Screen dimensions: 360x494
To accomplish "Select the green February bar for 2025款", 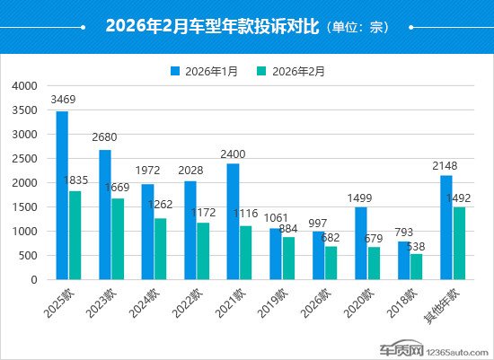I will [75, 234].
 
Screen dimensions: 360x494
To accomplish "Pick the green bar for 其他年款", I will [459, 243].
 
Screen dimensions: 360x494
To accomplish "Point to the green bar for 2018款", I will [416, 267].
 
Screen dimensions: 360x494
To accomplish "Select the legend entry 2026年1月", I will [207, 70].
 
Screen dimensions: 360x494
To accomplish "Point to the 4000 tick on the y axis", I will [24, 86].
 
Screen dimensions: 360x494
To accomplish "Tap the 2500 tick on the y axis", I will [24, 159].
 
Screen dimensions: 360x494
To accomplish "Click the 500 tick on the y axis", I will [27, 256].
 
